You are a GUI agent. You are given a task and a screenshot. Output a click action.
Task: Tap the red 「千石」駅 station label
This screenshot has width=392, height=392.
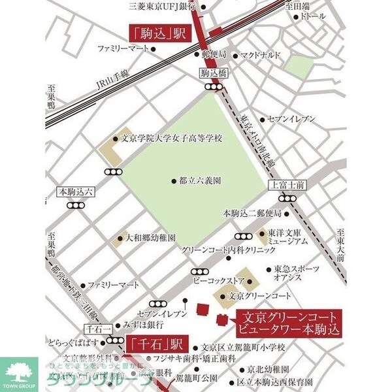coord(157,342)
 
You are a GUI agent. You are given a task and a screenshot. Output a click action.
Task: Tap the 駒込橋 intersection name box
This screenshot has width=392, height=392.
coord(214,74)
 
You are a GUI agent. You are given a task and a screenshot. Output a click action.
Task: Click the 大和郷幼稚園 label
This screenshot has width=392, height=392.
coord(151,239)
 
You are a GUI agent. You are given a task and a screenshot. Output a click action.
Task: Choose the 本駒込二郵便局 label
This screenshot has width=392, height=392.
coord(252,213)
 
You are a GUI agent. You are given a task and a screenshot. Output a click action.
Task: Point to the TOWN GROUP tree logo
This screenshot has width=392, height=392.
coord(20,374)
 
